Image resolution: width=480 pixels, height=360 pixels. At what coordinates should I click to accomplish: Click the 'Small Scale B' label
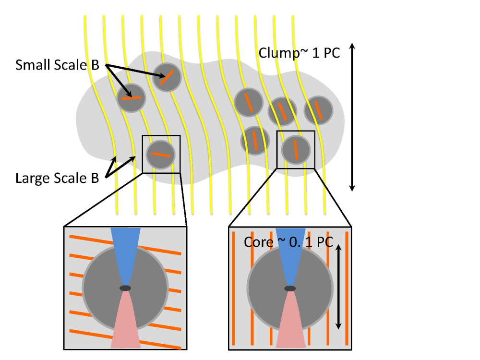pyautogui.click(x=57, y=65)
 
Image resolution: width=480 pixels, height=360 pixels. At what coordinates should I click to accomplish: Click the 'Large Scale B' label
pyautogui.click(x=57, y=178)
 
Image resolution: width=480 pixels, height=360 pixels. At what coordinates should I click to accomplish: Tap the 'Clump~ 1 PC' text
pyautogui.click(x=299, y=52)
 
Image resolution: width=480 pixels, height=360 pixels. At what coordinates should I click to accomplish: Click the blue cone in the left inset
pyautogui.click(x=125, y=250)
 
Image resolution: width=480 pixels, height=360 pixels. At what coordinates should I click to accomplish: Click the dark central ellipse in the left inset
pyautogui.click(x=125, y=288)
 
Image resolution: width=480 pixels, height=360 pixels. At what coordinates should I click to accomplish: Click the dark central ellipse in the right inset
pyautogui.click(x=290, y=288)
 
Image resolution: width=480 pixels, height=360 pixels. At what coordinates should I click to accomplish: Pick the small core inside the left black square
pyautogui.click(x=161, y=155)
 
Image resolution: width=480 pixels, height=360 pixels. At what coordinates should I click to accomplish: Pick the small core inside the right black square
pyautogui.click(x=295, y=150)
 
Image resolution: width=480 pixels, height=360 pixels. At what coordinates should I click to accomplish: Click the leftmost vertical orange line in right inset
pyautogui.click(x=234, y=288)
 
